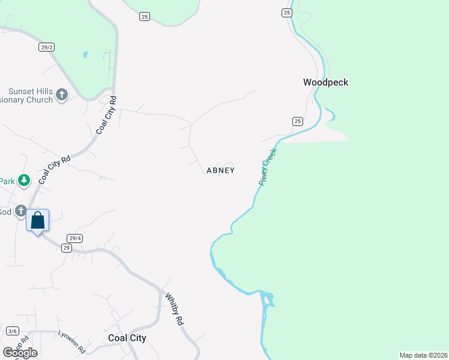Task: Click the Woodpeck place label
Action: click(x=325, y=82)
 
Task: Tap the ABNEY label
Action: click(x=220, y=170)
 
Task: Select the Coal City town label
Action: click(x=127, y=338)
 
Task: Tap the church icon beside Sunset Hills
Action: click(x=62, y=94)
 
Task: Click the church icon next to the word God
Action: click(x=21, y=211)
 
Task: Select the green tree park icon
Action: click(x=23, y=180)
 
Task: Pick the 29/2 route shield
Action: click(x=46, y=47)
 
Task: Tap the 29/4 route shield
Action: click(x=75, y=238)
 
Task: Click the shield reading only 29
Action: click(x=66, y=248)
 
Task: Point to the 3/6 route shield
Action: click(x=13, y=331)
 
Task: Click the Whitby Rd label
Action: click(x=173, y=309)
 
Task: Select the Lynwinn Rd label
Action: click(x=71, y=343)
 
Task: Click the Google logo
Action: click(x=20, y=352)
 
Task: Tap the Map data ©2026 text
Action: click(x=423, y=355)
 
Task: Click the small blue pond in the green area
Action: click(x=85, y=55)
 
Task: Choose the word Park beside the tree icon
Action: click(x=7, y=181)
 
